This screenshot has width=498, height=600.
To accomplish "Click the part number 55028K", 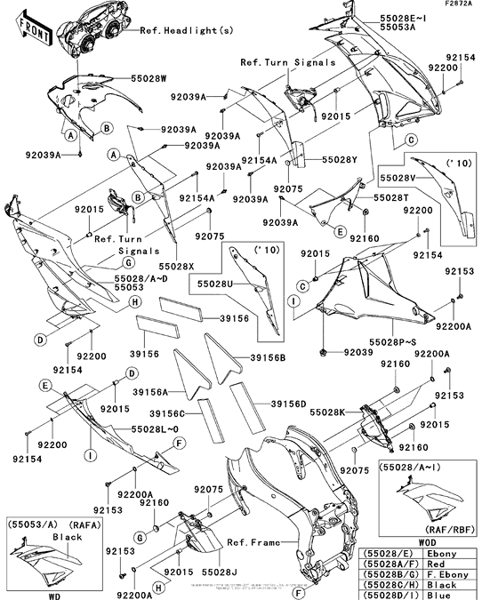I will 333,413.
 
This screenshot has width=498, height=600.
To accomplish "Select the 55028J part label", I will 218,561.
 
